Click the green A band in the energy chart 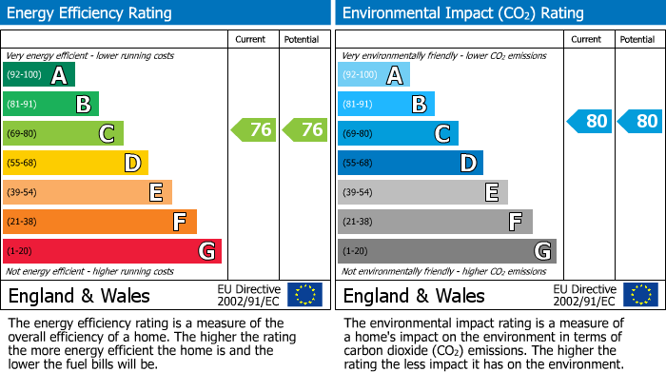[x=39, y=75]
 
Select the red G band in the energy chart [x=112, y=251]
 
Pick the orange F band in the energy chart [x=100, y=222]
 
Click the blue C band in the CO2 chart [x=398, y=133]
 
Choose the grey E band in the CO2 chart [x=422, y=192]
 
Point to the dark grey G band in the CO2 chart [x=446, y=251]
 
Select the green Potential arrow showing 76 [x=304, y=130]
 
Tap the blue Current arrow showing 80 [x=589, y=121]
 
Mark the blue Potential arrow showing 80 [x=639, y=121]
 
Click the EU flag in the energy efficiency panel [x=305, y=295]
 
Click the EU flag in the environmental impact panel [x=640, y=295]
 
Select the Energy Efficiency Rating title [x=90, y=13]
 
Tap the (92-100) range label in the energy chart [x=25, y=75]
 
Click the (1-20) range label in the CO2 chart [x=356, y=251]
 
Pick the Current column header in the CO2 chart [x=587, y=39]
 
